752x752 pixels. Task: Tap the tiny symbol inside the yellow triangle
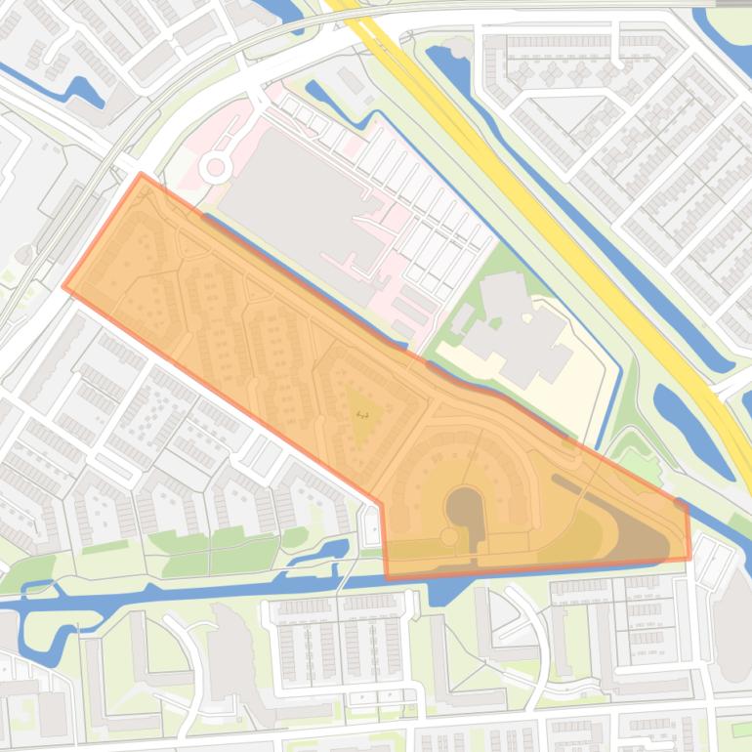(362, 415)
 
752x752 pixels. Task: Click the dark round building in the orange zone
(465, 508)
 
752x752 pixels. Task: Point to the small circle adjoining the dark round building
(449, 536)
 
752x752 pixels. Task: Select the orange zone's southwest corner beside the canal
(387, 574)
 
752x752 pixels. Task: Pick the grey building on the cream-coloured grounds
(518, 322)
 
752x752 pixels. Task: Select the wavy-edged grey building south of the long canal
(230, 654)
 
